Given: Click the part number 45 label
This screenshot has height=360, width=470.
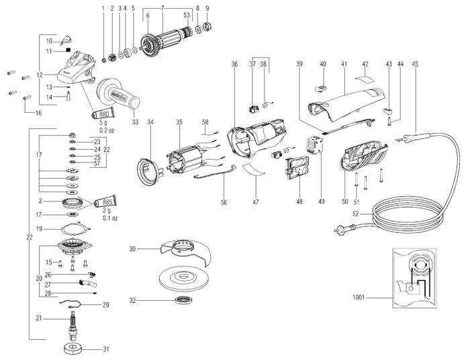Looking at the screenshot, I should pos(415,64).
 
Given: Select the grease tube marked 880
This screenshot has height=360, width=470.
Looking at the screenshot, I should pos(100,115).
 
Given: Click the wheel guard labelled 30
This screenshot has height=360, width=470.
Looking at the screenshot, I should pos(181,254).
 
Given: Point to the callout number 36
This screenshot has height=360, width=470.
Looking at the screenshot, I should pos(234,64).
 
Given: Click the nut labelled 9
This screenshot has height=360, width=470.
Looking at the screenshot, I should pos(207,28).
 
